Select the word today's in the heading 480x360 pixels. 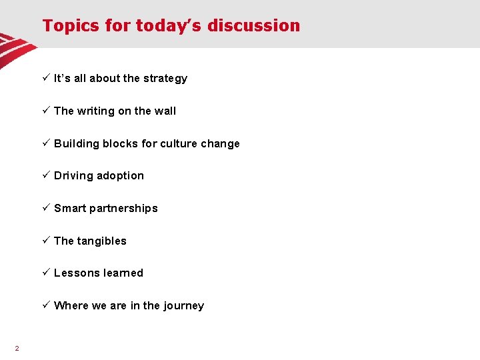tap(169, 26)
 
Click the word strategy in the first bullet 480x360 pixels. tap(165, 79)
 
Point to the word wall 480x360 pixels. tap(165, 111)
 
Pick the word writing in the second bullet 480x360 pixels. tap(96, 111)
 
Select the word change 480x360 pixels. tap(220, 144)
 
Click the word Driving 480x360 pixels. tap(73, 176)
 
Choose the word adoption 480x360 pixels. tap(121, 176)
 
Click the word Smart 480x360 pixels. tap(69, 209)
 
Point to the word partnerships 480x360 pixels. tap(123, 209)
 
